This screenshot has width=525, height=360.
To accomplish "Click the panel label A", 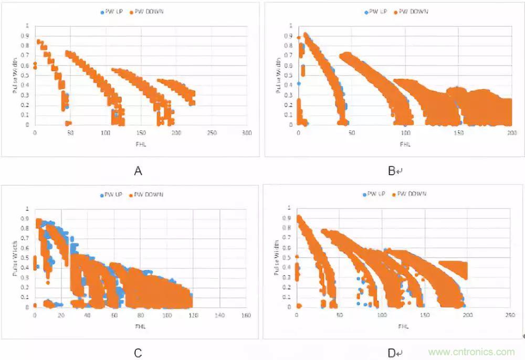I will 138,171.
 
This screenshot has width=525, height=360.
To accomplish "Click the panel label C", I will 138,353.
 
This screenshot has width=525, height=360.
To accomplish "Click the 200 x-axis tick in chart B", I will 510,133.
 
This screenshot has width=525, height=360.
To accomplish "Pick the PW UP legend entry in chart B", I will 375,11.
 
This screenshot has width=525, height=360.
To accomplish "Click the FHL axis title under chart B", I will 404,142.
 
